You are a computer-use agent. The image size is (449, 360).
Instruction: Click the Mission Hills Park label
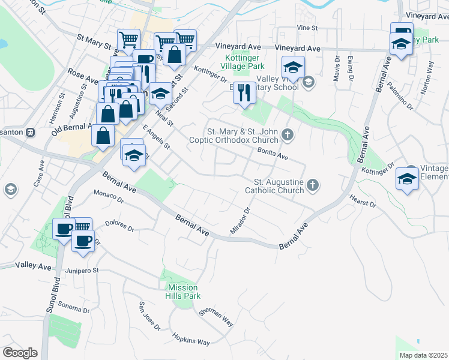pyautogui.click(x=183, y=292)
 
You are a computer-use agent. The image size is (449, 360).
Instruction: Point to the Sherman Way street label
pyautogui.click(x=219, y=317)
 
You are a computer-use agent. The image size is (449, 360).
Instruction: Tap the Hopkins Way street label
pyautogui.click(x=191, y=339)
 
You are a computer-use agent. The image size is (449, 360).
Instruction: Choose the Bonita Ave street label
pyautogui.click(x=273, y=154)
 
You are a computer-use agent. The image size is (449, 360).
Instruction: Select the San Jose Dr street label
pyautogui.click(x=149, y=316)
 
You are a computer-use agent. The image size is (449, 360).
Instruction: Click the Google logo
pyautogui.click(x=20, y=353)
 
